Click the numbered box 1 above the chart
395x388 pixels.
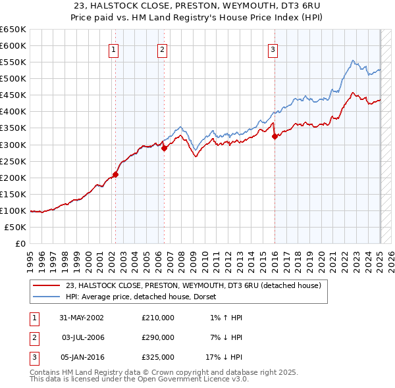114,49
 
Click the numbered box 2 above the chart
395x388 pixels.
162,49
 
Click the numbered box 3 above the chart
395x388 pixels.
273,49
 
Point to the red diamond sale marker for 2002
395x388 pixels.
115,174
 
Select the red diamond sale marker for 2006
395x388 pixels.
164,148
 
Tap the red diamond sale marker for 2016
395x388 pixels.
275,136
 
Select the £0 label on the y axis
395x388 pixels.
20,243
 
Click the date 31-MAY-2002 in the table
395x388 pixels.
82,318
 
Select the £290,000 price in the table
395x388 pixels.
158,337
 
